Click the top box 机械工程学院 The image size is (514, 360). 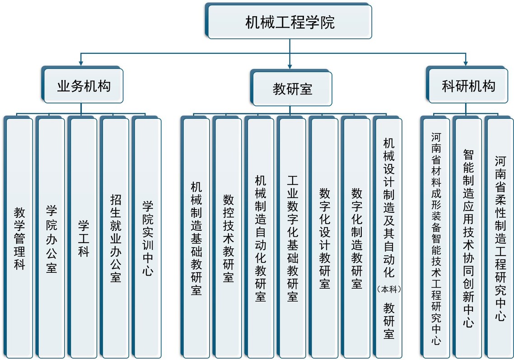pyautogui.click(x=289, y=21)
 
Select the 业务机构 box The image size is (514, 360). pyautogui.click(x=82, y=84)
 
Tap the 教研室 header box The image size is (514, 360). pyautogui.click(x=291, y=88)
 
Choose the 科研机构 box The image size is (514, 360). pyautogui.click(x=467, y=84)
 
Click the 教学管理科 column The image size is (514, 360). pyautogui.click(x=19, y=237)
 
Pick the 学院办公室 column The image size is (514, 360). pyautogui.click(x=51, y=237)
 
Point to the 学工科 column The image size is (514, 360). pyautogui.click(x=83, y=237)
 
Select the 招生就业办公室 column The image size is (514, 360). pyautogui.click(x=115, y=237)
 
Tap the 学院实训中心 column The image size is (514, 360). pyautogui.click(x=147, y=237)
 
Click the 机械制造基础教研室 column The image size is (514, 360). pyautogui.click(x=196, y=237)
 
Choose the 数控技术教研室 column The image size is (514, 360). pyautogui.click(x=228, y=237)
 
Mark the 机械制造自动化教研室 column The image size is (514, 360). pyautogui.click(x=260, y=237)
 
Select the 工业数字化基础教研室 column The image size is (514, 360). pyautogui.click(x=292, y=237)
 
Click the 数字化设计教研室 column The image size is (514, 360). pyautogui.click(x=324, y=237)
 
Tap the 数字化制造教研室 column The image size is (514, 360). pyautogui.click(x=356, y=237)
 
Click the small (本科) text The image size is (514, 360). pyautogui.click(x=389, y=289)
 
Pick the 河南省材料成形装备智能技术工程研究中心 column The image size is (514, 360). pyautogui.click(x=435, y=237)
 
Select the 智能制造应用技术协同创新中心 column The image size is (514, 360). pyautogui.click(x=467, y=237)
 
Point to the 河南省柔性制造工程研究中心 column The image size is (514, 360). pyautogui.click(x=500, y=237)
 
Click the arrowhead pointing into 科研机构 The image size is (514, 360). pyautogui.click(x=466, y=63)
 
